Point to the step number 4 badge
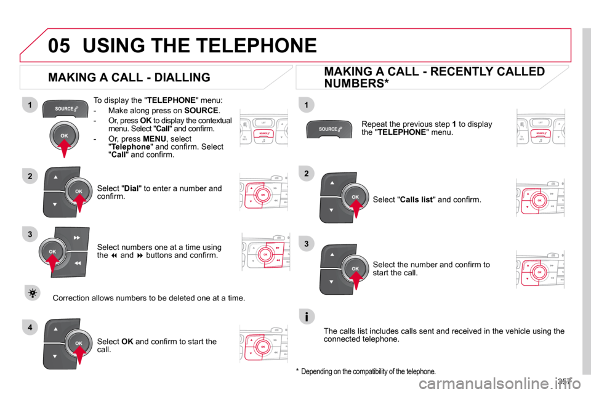pos(29,327)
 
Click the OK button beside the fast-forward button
pos(53,252)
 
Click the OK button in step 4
pos(79,343)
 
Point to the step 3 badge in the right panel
pos(306,244)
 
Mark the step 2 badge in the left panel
pos(29,177)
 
